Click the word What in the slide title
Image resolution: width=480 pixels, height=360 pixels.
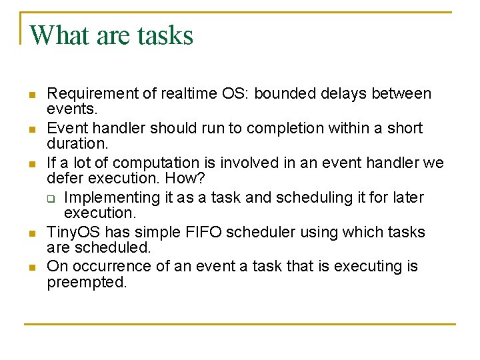click(59, 35)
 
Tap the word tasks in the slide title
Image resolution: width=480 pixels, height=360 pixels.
click(165, 35)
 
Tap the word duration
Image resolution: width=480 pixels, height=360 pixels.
click(75, 143)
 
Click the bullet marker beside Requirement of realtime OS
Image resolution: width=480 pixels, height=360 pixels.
click(31, 95)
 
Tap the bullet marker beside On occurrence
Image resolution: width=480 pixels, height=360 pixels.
click(31, 267)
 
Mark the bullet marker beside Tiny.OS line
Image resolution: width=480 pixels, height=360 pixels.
click(31, 233)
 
